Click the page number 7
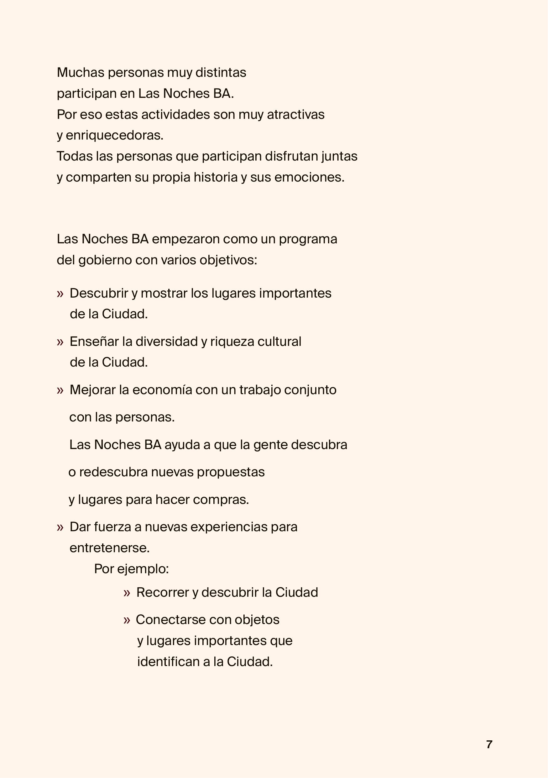click(489, 744)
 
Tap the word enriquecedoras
click(114, 135)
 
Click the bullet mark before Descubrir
click(60, 294)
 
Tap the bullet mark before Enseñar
click(60, 342)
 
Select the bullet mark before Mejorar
click(60, 390)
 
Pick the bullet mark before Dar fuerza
click(60, 527)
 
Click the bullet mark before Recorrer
click(127, 593)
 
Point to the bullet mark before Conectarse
click(127, 620)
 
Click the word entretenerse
click(109, 548)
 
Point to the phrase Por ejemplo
click(131, 569)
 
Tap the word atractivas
click(295, 114)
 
